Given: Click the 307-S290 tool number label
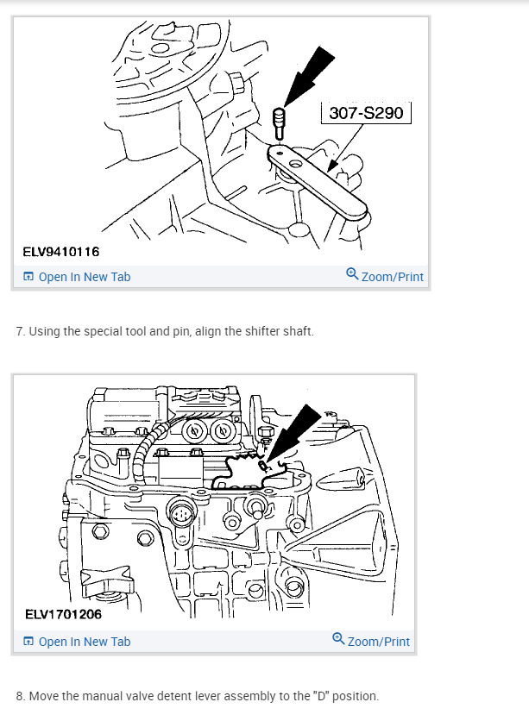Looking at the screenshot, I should (366, 113).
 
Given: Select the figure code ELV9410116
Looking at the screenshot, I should (61, 252).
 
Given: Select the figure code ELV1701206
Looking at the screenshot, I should (61, 615).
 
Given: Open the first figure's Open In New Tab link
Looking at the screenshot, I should (85, 277).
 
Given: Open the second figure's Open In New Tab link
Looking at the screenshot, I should (85, 642).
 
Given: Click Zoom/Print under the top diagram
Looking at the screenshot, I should (393, 277).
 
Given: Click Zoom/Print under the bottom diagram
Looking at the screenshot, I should (379, 642).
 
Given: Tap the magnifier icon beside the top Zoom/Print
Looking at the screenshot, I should (352, 274).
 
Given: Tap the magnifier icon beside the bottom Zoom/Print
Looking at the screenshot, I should (338, 639).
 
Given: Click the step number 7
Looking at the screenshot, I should (20, 332).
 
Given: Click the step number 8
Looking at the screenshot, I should (20, 696).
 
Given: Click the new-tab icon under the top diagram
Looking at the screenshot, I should (28, 277).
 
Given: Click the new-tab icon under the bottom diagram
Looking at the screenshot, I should (28, 642).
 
